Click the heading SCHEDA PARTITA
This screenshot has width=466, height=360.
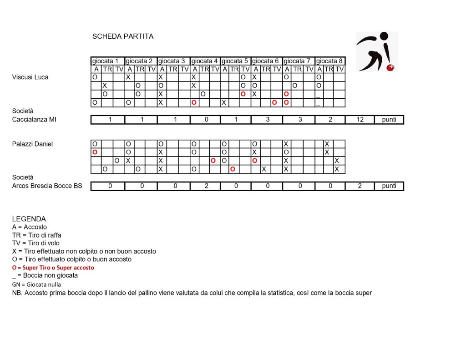pyautogui.click(x=123, y=36)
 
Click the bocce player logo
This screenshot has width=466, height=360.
pyautogui.click(x=376, y=51)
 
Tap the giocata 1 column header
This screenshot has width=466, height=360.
pyautogui.click(x=107, y=61)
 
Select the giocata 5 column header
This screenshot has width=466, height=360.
pyautogui.click(x=235, y=61)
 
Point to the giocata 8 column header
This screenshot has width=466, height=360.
pyautogui.click(x=329, y=61)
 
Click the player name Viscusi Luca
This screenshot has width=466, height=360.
pyautogui.click(x=30, y=77)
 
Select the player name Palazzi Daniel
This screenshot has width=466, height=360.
pyautogui.click(x=32, y=144)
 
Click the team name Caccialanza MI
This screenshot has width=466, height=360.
pyautogui.click(x=37, y=119)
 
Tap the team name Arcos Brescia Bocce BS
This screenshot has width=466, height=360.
pyautogui.click(x=47, y=186)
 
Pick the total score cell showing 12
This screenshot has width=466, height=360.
pyautogui.click(x=360, y=120)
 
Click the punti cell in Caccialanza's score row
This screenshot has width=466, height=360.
pyautogui.click(x=389, y=120)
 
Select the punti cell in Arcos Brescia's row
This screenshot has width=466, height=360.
pyautogui.click(x=389, y=186)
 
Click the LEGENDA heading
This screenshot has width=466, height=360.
pyautogui.click(x=29, y=219)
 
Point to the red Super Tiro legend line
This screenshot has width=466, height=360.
pyautogui.click(x=53, y=268)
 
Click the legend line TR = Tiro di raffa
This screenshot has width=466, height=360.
pyautogui.click(x=36, y=235)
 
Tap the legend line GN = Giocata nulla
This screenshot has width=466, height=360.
pyautogui.click(x=36, y=284)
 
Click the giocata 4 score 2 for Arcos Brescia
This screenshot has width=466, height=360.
pyautogui.click(x=206, y=186)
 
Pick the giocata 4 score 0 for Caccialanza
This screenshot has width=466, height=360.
pyautogui.click(x=206, y=120)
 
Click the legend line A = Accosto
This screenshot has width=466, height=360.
pyautogui.click(x=29, y=227)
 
